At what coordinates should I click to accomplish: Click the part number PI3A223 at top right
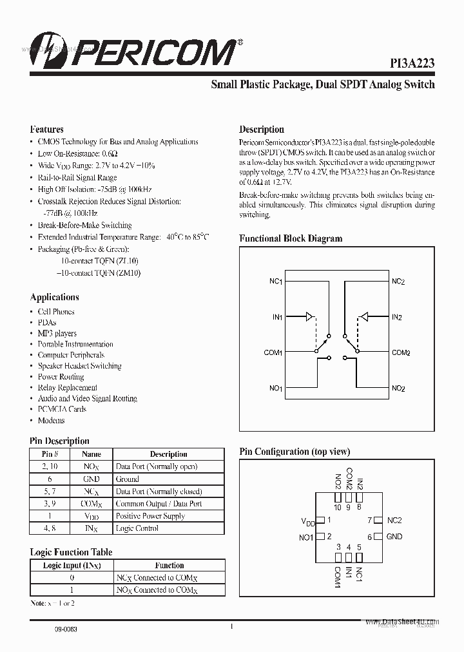(412, 63)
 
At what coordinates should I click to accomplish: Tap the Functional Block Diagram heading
(291, 238)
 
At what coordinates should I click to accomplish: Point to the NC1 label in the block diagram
(275, 282)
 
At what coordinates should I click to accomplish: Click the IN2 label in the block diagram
(397, 317)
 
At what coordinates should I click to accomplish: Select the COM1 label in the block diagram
(273, 352)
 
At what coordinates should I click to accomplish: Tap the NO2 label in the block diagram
(398, 388)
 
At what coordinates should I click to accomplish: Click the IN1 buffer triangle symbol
(310, 316)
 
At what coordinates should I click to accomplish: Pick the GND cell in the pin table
(92, 479)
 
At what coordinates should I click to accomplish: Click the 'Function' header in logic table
(169, 565)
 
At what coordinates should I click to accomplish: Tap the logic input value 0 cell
(72, 577)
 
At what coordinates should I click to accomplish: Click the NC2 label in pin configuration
(394, 520)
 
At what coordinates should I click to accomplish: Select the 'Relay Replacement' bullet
(67, 388)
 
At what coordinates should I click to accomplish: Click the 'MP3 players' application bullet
(57, 333)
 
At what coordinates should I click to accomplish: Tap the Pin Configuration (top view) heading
(295, 452)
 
